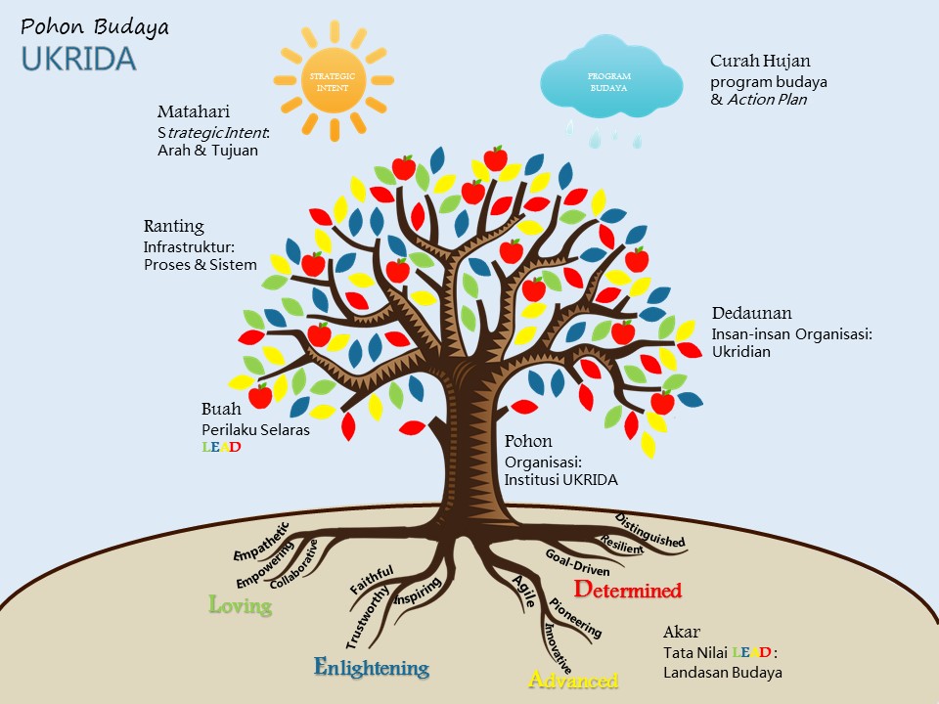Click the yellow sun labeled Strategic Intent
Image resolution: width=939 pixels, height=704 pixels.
[334, 81]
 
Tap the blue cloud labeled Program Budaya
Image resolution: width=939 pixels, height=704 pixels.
[609, 81]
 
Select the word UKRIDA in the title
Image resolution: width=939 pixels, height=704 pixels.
[78, 59]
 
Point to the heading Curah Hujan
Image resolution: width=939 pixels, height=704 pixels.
[761, 61]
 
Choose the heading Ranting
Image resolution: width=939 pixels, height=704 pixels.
[174, 227]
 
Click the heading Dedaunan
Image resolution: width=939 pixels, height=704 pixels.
[751, 314]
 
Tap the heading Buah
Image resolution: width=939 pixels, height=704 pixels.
[221, 409]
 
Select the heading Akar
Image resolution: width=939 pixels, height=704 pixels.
[681, 632]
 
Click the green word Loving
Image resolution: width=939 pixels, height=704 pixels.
[241, 605]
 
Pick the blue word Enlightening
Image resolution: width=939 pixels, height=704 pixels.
[372, 668]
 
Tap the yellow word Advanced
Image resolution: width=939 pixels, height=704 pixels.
[573, 680]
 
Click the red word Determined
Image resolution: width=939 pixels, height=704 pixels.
[627, 590]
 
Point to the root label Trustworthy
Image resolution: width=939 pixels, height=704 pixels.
[368, 617]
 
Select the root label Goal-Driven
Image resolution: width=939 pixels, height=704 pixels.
[577, 562]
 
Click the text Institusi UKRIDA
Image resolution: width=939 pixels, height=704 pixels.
[560, 479]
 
